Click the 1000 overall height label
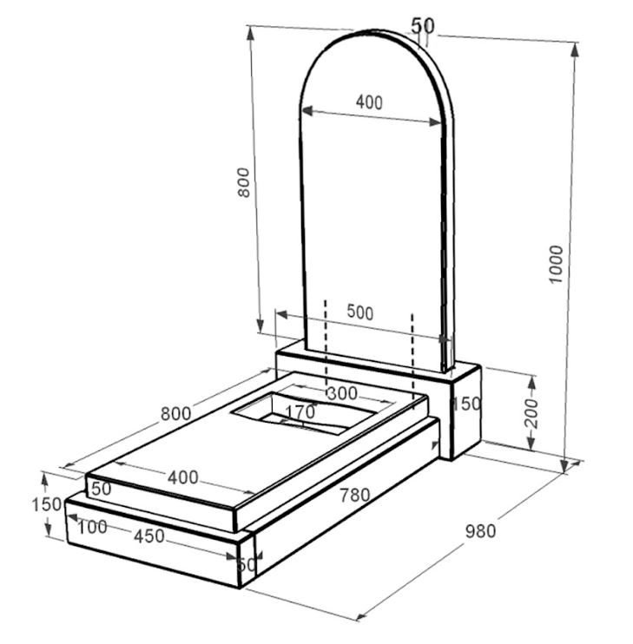(556, 264)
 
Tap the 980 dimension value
(480, 531)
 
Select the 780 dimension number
(354, 496)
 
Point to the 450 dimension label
(149, 536)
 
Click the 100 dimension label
(92, 527)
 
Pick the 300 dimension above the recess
(342, 393)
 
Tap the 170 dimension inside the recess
(300, 411)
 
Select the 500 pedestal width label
(360, 312)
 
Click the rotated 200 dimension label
(531, 413)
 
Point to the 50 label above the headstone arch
(423, 26)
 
